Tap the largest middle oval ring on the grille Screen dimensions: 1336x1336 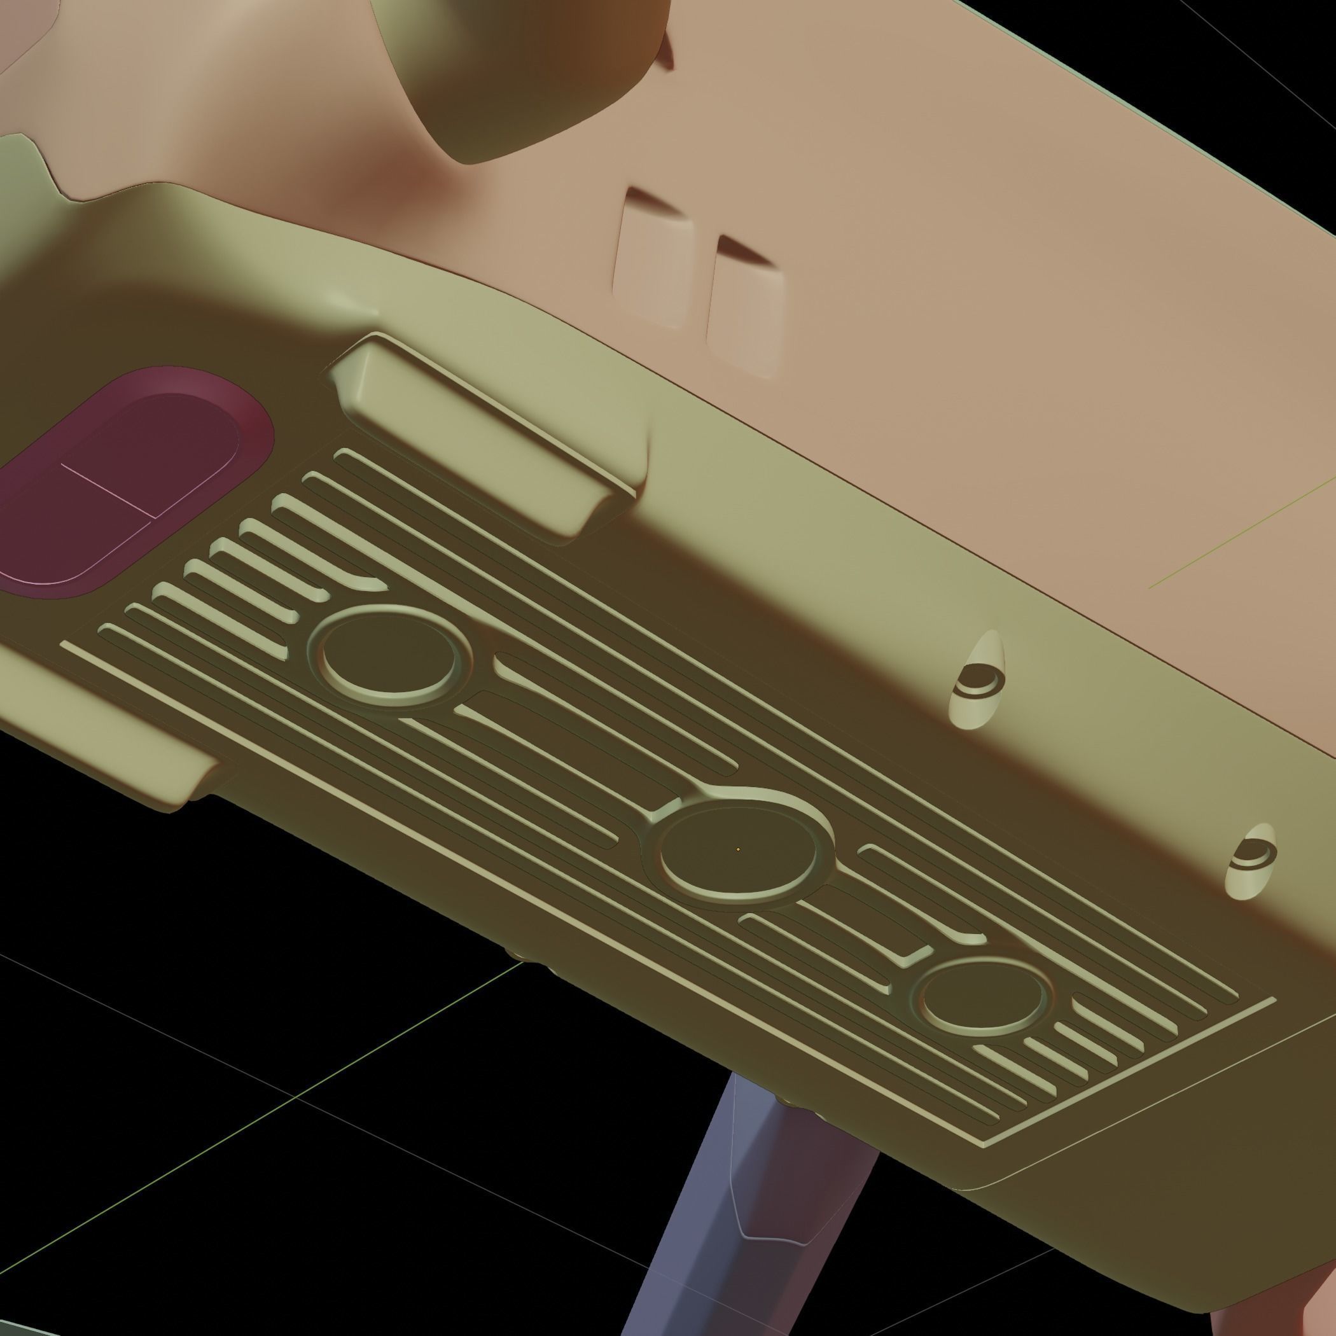tap(739, 851)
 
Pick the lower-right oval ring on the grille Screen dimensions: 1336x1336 tap(982, 996)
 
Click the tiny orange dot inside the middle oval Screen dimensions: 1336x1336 tap(739, 849)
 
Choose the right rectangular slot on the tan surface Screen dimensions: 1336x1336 tap(747, 308)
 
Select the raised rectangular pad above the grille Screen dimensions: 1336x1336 tap(484, 436)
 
